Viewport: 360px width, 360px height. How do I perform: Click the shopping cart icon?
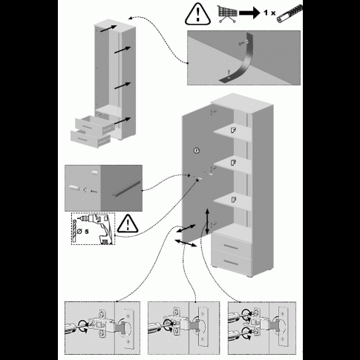pos(227,14)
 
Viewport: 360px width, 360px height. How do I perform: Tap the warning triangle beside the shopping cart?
pos(197,14)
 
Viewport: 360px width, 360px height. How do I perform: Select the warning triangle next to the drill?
pos(128,224)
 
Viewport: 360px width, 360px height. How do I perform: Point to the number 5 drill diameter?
pos(87,232)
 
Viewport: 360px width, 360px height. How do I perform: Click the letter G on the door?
pos(197,151)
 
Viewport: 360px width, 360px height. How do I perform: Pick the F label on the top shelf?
pos(233,130)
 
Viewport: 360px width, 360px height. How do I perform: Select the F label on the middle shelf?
pos(233,163)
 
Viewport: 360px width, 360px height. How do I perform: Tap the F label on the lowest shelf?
pos(233,200)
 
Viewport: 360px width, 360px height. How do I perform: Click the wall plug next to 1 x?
pos(289,14)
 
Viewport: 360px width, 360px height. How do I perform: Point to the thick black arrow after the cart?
pos(249,13)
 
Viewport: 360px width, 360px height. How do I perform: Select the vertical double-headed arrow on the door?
pos(207,221)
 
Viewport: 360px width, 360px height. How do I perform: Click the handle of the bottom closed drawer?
pos(232,262)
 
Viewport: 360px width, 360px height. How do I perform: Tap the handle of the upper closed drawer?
pos(231,247)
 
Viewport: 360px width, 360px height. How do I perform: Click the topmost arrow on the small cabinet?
pos(108,28)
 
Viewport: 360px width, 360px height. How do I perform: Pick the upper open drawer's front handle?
pos(88,127)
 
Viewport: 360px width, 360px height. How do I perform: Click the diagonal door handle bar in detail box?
pos(127,189)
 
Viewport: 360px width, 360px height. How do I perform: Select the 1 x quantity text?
pos(269,13)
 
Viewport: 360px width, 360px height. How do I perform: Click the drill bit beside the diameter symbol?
pos(74,231)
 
